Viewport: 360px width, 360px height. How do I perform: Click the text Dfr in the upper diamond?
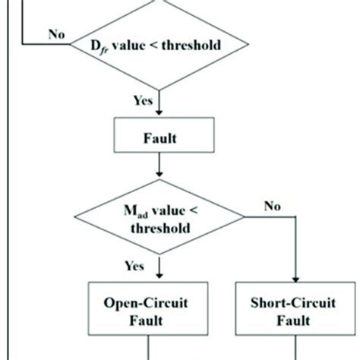tap(99, 46)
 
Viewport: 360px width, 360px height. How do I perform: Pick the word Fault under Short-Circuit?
tap(292, 321)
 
